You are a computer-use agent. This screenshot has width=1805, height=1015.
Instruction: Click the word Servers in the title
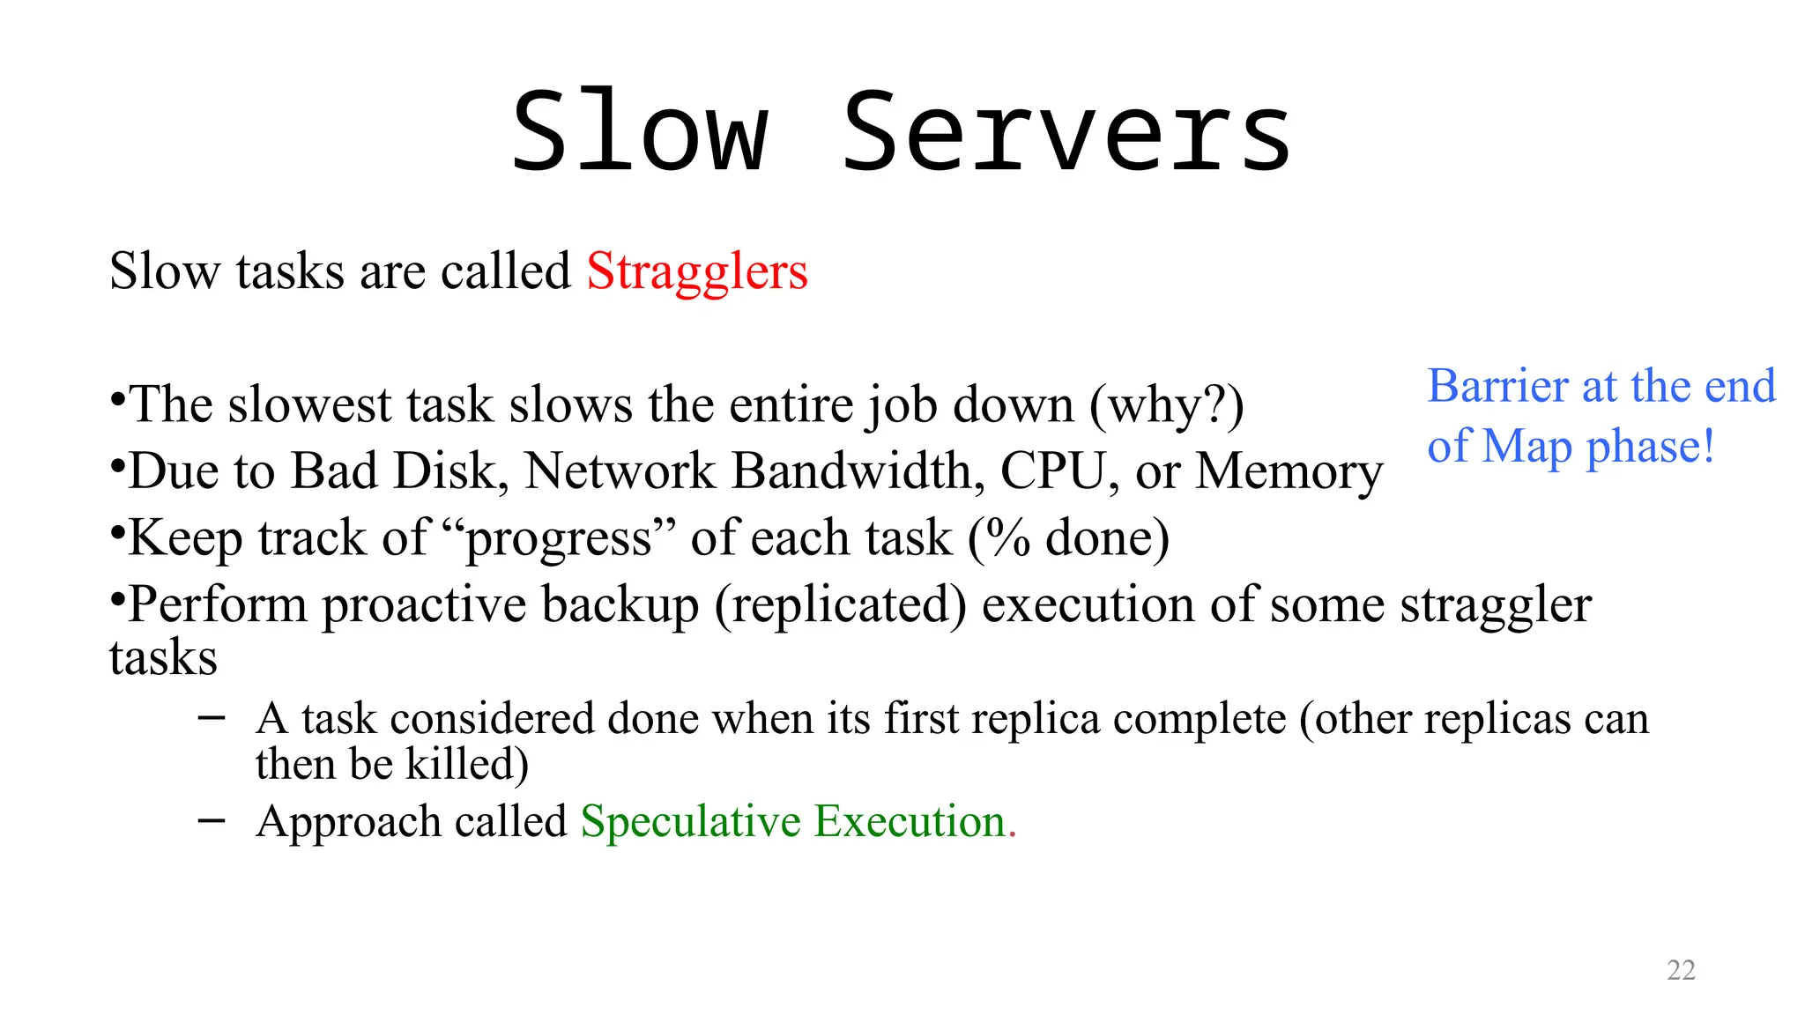tap(1066, 134)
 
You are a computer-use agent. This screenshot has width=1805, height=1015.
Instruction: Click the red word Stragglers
tap(697, 271)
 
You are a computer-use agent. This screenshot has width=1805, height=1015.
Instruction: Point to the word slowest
tap(308, 405)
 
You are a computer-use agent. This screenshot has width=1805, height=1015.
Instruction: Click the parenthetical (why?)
tap(1167, 405)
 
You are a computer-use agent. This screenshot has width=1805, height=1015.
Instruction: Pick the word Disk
tap(450, 471)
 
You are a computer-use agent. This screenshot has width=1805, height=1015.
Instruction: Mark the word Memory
tap(1289, 471)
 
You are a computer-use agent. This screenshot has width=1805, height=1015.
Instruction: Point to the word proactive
tap(424, 605)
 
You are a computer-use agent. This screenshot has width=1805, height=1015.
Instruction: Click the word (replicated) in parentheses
tap(840, 605)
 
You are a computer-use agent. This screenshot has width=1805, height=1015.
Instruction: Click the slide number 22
tap(1681, 970)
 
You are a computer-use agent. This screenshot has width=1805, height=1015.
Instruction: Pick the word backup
tap(620, 605)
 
